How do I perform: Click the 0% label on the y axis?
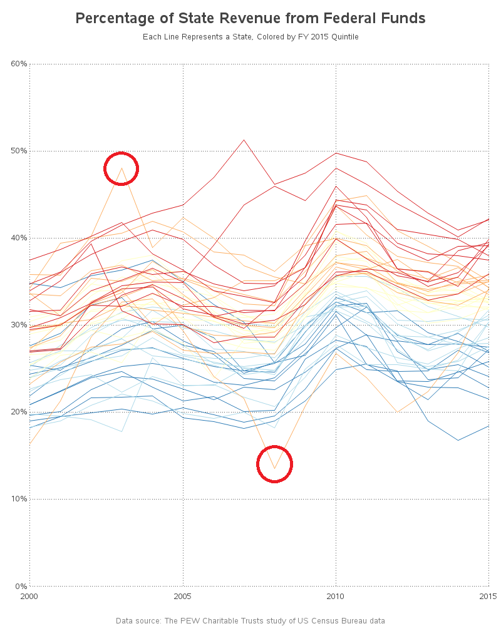(21, 586)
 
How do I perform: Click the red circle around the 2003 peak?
(121, 168)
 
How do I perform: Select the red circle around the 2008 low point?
(274, 464)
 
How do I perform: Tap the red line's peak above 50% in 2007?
(244, 140)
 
